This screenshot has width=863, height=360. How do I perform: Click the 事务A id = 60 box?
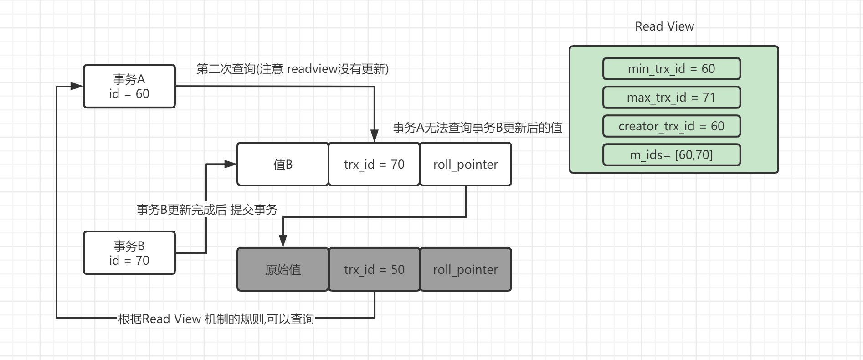click(x=129, y=86)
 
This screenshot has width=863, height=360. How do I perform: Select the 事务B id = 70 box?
click(x=129, y=253)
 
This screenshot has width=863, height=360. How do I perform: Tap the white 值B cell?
click(x=283, y=164)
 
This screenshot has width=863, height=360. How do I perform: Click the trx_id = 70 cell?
click(x=374, y=164)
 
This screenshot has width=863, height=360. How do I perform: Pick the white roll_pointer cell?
click(x=466, y=164)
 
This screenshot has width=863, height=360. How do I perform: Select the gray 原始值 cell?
click(x=283, y=269)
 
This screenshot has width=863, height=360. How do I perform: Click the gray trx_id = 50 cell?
click(x=374, y=269)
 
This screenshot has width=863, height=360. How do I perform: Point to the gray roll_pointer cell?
click(x=466, y=269)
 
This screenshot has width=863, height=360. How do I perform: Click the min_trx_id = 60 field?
click(x=671, y=69)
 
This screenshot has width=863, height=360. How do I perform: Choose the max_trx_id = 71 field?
click(x=671, y=98)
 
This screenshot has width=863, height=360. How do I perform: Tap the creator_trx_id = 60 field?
click(x=671, y=126)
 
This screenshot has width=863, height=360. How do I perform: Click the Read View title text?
click(x=664, y=26)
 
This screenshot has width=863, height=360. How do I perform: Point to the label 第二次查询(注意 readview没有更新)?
click(x=293, y=69)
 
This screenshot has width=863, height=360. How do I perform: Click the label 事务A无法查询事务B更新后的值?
click(x=478, y=128)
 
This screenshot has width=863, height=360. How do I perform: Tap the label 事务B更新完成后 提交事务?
click(x=207, y=210)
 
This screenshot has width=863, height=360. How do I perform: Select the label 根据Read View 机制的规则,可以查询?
click(x=216, y=319)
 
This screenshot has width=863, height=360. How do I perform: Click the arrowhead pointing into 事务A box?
click(x=77, y=86)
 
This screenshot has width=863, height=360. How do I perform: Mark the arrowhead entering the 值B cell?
click(x=231, y=164)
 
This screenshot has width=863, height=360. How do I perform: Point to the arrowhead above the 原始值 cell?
click(x=283, y=241)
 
